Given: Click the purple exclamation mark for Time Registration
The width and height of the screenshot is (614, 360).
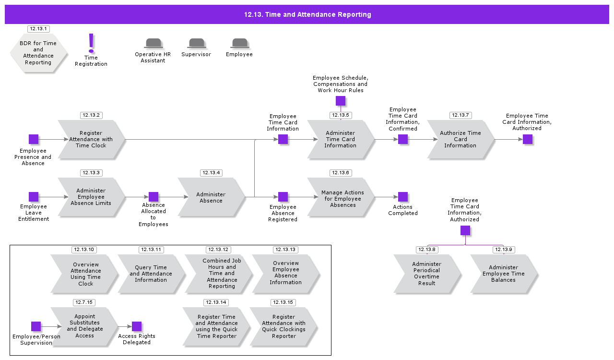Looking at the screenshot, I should [x=91, y=43].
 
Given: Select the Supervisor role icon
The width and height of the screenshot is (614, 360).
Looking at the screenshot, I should [x=197, y=44].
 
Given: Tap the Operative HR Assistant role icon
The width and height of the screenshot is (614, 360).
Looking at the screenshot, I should [x=153, y=44].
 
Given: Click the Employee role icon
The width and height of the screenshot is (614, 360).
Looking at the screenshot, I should [x=239, y=44].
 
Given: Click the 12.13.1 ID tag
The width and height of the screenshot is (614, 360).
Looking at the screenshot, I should [x=38, y=29].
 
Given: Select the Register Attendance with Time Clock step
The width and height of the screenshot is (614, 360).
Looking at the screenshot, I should [x=91, y=140].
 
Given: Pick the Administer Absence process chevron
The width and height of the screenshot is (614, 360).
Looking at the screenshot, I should [x=211, y=197].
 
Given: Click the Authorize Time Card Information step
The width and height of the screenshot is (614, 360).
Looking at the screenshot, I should [x=460, y=140].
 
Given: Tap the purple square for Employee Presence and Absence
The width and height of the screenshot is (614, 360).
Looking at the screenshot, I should [x=34, y=139].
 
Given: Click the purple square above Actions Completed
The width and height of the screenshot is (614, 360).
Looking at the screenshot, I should [x=403, y=197].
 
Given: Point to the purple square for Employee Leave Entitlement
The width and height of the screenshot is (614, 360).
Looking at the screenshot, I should [x=34, y=197].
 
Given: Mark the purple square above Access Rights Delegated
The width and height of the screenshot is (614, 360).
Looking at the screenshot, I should [x=137, y=326].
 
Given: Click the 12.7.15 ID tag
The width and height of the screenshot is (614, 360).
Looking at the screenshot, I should [x=84, y=302].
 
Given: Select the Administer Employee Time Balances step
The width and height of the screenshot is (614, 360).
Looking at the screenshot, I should [x=504, y=274].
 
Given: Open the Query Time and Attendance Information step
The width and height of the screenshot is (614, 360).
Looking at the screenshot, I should [x=151, y=274].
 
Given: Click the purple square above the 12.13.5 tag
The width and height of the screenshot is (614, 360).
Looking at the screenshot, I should [x=341, y=101].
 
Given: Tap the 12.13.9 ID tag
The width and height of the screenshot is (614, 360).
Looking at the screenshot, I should [x=504, y=250].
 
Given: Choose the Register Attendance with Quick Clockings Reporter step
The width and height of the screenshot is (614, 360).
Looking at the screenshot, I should [x=284, y=327].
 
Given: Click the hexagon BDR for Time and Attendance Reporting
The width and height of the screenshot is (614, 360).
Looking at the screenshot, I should [x=38, y=53].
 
